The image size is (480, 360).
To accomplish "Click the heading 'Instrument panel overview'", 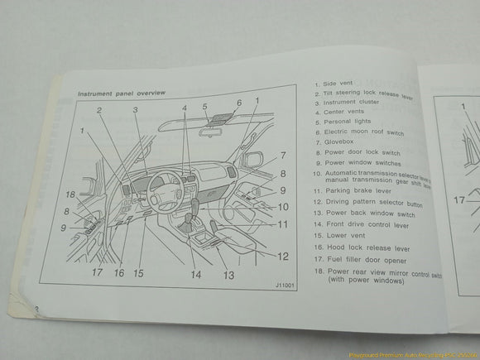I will pyautogui.click(x=122, y=94).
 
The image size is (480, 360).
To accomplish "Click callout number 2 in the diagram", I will pyautogui.click(x=98, y=111).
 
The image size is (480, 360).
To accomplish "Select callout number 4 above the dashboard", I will pyautogui.click(x=185, y=108).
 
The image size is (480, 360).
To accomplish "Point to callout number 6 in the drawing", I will pyautogui.click(x=238, y=103).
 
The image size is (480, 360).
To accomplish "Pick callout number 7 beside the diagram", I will pyautogui.click(x=282, y=155).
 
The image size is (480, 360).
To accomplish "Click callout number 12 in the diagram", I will pyautogui.click(x=283, y=257).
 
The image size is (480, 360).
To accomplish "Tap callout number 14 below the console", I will pyautogui.click(x=196, y=274).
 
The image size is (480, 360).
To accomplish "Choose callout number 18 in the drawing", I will pyautogui.click(x=71, y=195).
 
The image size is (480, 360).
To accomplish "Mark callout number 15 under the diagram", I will pyautogui.click(x=138, y=273).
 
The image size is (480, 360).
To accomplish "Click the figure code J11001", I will pyautogui.click(x=284, y=286).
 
